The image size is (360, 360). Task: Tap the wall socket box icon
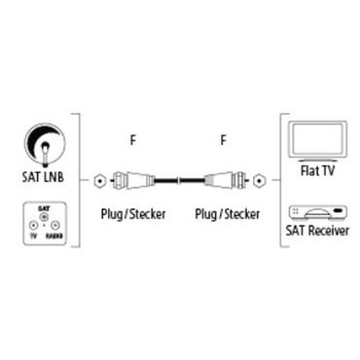point(44,222)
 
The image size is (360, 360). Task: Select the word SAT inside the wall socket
point(44,208)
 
